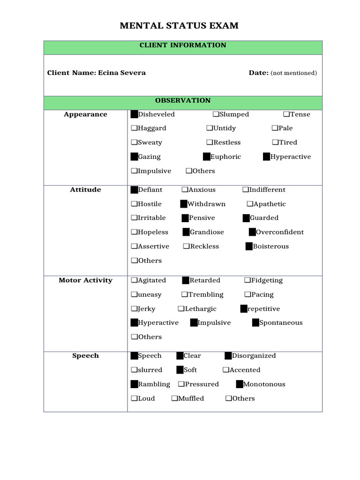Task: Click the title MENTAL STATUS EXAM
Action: point(179,26)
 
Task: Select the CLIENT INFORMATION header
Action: point(183,45)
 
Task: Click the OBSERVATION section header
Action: point(183,101)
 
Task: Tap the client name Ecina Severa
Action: point(121,73)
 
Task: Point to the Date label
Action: point(258,73)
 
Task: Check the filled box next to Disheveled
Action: point(134,114)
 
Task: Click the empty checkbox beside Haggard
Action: point(134,128)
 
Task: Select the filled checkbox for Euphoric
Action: point(206,157)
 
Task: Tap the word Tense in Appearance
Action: point(300,114)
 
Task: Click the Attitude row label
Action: point(85,190)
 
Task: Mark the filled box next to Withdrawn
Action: point(184,204)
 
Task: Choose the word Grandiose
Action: point(207,232)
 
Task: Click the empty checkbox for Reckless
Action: point(186,247)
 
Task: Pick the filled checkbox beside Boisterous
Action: point(249,247)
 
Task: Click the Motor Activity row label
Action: point(85,280)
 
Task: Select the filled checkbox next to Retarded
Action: point(186,280)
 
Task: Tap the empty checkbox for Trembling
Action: point(184,295)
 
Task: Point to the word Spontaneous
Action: point(281,323)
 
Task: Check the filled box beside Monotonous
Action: point(239,384)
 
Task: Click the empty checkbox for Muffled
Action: point(174,398)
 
